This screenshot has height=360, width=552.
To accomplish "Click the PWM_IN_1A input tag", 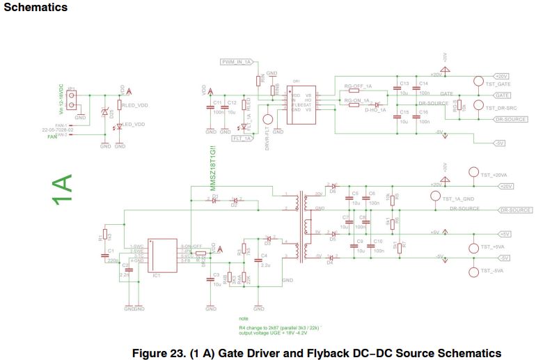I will pos(237,62).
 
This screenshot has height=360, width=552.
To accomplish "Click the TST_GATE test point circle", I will pos(478,81).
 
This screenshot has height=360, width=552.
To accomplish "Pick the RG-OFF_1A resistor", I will pos(358,92).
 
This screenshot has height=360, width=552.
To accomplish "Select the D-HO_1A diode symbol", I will pos(376,105).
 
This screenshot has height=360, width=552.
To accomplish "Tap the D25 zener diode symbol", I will pos(105,113).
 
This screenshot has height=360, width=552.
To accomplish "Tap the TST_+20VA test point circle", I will pos(473,173).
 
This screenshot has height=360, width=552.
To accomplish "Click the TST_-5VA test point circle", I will pos(473,271).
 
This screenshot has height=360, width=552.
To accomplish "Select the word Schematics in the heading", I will pos(35,8).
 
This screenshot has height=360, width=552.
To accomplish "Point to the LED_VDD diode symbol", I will pos(119,125).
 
